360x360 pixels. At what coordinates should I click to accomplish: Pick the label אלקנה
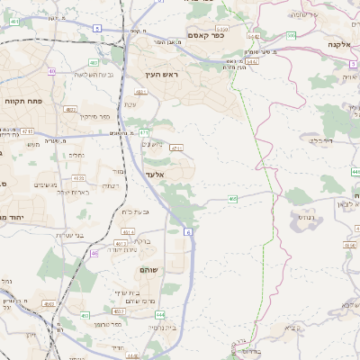pyautogui.click(x=337, y=44)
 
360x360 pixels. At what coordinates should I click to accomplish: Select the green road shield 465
pyautogui.click(x=233, y=199)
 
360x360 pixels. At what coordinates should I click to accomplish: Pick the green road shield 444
pyautogui.click(x=159, y=315)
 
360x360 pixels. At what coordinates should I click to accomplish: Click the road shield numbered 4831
pyautogui.click(x=140, y=92)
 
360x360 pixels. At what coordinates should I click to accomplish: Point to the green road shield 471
pyautogui.click(x=144, y=133)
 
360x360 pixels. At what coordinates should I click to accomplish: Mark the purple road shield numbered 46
pyautogui.click(x=95, y=254)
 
